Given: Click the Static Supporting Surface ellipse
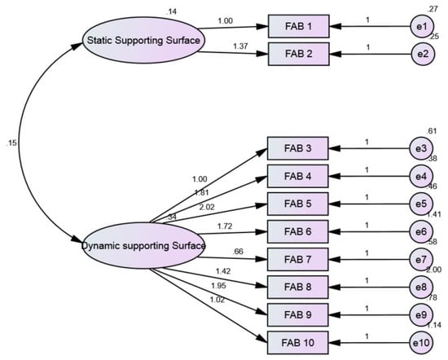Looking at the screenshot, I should [x=143, y=40].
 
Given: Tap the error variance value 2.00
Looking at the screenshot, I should [x=433, y=270].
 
